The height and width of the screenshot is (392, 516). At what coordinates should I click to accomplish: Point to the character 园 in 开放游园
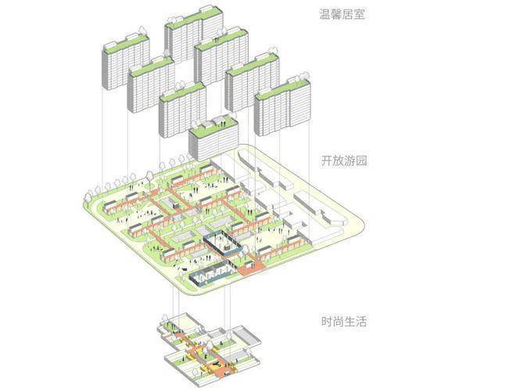pos(361,161)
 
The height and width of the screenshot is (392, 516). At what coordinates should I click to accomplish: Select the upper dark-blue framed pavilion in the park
pos(222,243)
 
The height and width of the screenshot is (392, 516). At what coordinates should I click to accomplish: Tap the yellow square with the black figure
pos(210,365)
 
